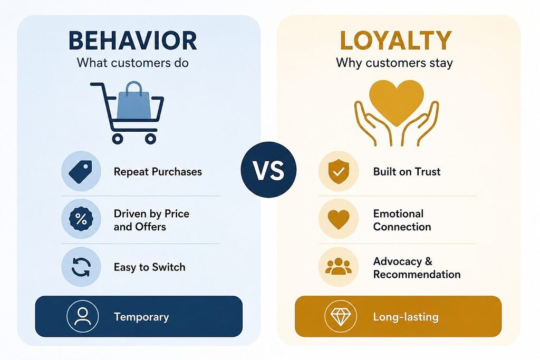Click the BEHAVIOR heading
point(132,41)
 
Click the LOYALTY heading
point(396,41)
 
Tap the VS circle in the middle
point(268,170)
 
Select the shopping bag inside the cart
point(133,101)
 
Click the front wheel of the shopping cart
point(150,139)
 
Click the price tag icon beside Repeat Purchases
point(81,171)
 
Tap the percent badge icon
point(81,219)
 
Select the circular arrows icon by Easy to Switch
point(81,267)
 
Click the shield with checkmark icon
point(339,171)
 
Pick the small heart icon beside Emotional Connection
point(339,219)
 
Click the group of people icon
point(339,266)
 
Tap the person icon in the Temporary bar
point(83,316)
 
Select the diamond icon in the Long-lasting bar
point(341,316)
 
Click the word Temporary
point(141,317)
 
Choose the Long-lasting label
point(406,317)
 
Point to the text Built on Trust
point(407,171)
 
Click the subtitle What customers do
point(132,63)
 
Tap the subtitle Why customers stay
point(394,63)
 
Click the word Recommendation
point(417,274)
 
